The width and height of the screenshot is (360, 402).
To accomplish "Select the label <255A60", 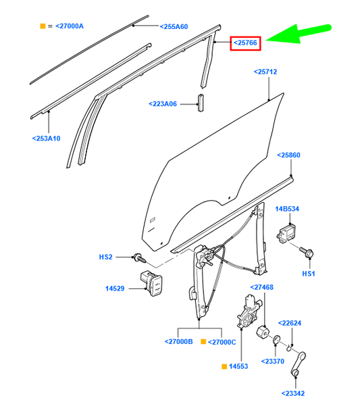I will [x=174, y=26].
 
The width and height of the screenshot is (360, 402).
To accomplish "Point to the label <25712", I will [x=265, y=71].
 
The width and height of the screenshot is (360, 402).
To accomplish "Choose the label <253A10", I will [x=46, y=138].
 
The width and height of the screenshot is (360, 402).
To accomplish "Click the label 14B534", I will [x=288, y=209].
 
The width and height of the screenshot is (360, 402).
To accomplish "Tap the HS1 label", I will [x=309, y=274].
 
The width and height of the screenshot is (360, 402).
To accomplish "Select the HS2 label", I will [x=106, y=257].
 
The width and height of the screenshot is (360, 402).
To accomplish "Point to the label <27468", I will [x=262, y=287].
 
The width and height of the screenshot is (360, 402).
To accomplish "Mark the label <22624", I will [x=290, y=323].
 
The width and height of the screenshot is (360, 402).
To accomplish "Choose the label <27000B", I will [x=178, y=342].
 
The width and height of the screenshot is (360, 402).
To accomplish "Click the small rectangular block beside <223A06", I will [x=200, y=101].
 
